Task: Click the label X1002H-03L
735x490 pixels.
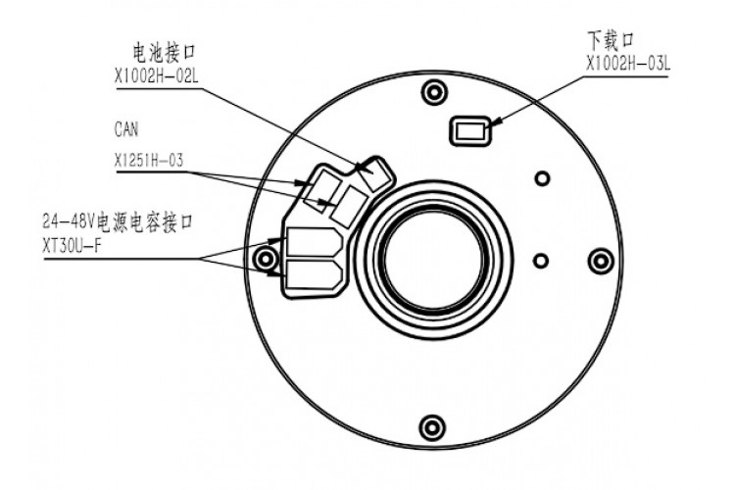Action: click(628, 64)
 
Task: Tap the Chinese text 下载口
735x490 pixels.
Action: click(611, 40)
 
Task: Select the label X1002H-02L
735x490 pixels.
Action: click(157, 76)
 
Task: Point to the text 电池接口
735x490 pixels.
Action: click(164, 53)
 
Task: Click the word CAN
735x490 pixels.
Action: click(126, 129)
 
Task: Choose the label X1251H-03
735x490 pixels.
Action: click(149, 161)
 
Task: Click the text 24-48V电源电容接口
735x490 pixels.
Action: click(118, 221)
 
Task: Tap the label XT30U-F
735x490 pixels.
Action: click(72, 247)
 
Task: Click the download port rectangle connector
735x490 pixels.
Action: click(470, 130)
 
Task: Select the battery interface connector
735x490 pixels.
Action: click(373, 174)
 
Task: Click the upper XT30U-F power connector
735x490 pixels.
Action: click(314, 243)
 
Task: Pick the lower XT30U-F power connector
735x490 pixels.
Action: click(314, 274)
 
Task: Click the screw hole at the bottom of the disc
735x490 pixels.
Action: click(431, 426)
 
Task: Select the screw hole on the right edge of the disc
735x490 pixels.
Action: click(601, 260)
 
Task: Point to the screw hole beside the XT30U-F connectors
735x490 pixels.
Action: click(267, 259)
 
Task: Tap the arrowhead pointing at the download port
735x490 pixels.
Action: click(497, 121)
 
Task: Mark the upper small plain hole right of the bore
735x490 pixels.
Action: click(542, 178)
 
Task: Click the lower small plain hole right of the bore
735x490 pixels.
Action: click(541, 261)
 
